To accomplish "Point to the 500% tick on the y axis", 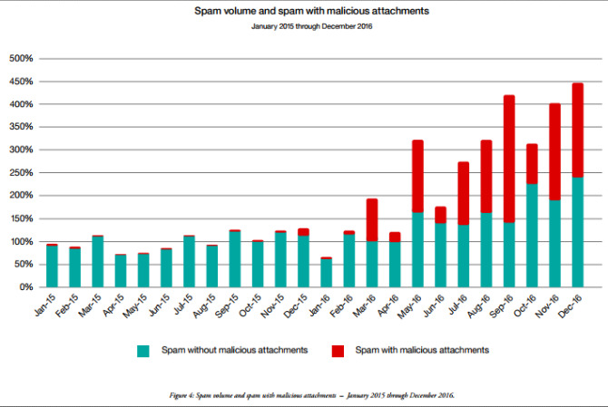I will click(x=21, y=59).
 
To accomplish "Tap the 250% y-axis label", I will click(x=21, y=173).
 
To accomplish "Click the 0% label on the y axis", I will click(x=26, y=287).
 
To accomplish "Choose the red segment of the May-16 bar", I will click(x=418, y=177).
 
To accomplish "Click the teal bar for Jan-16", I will click(x=327, y=273).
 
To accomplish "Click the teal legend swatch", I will click(x=143, y=350).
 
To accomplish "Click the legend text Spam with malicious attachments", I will click(x=423, y=350).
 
